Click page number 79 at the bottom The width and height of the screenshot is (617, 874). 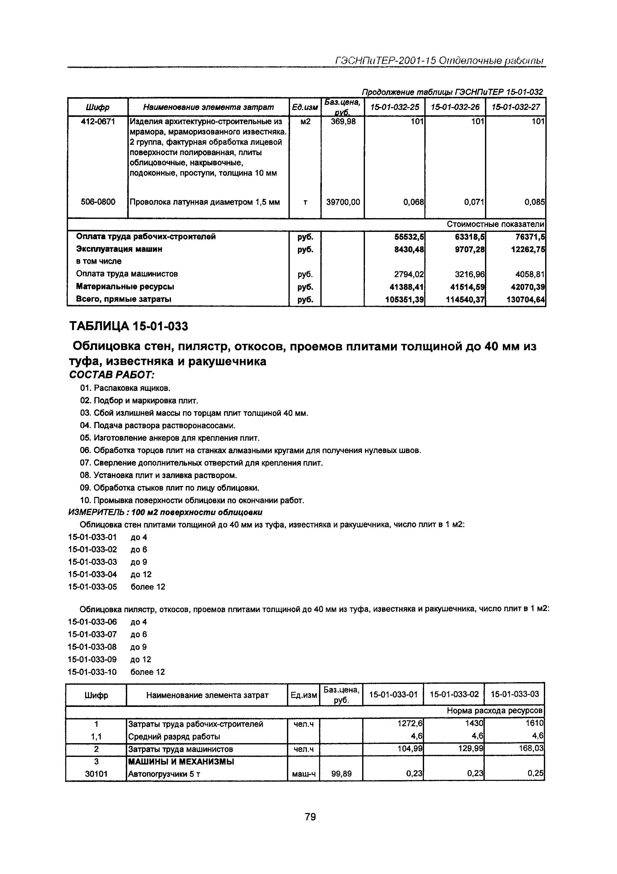point(310,817)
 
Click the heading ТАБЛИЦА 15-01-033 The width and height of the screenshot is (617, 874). point(128,326)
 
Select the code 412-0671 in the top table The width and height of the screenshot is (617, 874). point(98,121)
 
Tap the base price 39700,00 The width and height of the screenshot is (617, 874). point(343,202)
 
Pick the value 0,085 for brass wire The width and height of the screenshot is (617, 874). point(534,202)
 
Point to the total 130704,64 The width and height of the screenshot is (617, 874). point(525,299)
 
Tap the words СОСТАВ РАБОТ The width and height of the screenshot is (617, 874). point(111,375)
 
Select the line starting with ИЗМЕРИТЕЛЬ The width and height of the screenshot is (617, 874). point(165,512)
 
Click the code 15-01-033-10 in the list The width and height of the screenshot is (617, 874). point(93,672)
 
